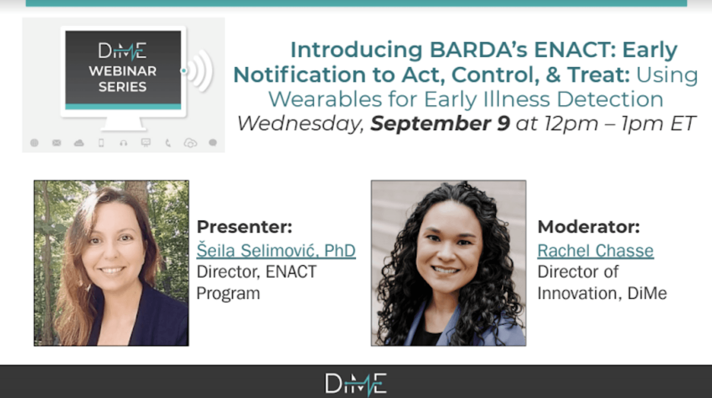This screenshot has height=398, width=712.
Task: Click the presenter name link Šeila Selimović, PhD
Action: (x=276, y=250)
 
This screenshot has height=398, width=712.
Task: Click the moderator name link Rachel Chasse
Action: (x=596, y=250)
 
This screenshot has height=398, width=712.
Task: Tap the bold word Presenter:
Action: (x=244, y=227)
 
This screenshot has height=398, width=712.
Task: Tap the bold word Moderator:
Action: (x=589, y=227)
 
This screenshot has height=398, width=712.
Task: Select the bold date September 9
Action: (x=440, y=123)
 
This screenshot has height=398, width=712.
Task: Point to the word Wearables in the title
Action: (x=325, y=99)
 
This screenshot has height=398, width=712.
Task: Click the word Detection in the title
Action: (x=610, y=99)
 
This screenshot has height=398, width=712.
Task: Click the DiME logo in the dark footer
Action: (x=356, y=384)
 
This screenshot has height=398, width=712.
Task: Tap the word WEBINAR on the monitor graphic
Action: (x=123, y=71)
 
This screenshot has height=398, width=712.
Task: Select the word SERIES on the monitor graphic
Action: (x=123, y=87)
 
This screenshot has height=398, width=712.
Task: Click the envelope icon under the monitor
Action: (x=57, y=143)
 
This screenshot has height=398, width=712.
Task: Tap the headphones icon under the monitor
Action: (x=123, y=143)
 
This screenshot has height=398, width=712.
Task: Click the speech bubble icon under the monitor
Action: (x=213, y=143)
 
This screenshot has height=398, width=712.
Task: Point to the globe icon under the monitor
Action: (x=34, y=143)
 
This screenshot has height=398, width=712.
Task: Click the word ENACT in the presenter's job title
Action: (x=291, y=272)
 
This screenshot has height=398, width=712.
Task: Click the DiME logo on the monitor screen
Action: (x=123, y=51)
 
